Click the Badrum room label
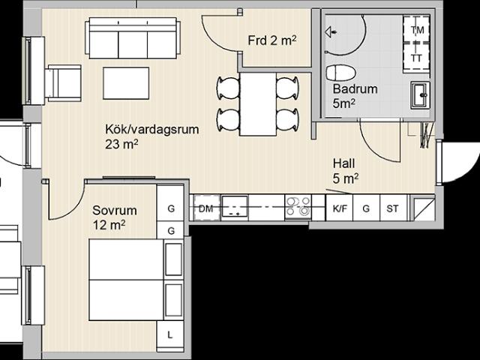click(x=355, y=89)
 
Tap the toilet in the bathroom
click(x=341, y=73)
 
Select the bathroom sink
click(x=420, y=95)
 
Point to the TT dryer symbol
click(x=416, y=57)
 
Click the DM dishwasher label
click(x=205, y=208)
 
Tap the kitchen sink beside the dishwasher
click(x=235, y=207)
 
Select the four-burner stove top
click(x=298, y=207)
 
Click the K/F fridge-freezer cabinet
click(x=340, y=208)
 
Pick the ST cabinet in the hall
click(x=393, y=208)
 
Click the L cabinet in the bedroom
click(x=170, y=336)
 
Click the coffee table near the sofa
click(x=126, y=83)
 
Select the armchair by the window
click(x=63, y=83)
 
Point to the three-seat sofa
click(x=133, y=38)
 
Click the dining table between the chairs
click(x=258, y=104)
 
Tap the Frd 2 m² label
click(x=272, y=40)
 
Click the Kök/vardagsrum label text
click(x=152, y=129)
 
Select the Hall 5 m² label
click(x=346, y=171)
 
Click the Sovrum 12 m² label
click(x=115, y=217)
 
